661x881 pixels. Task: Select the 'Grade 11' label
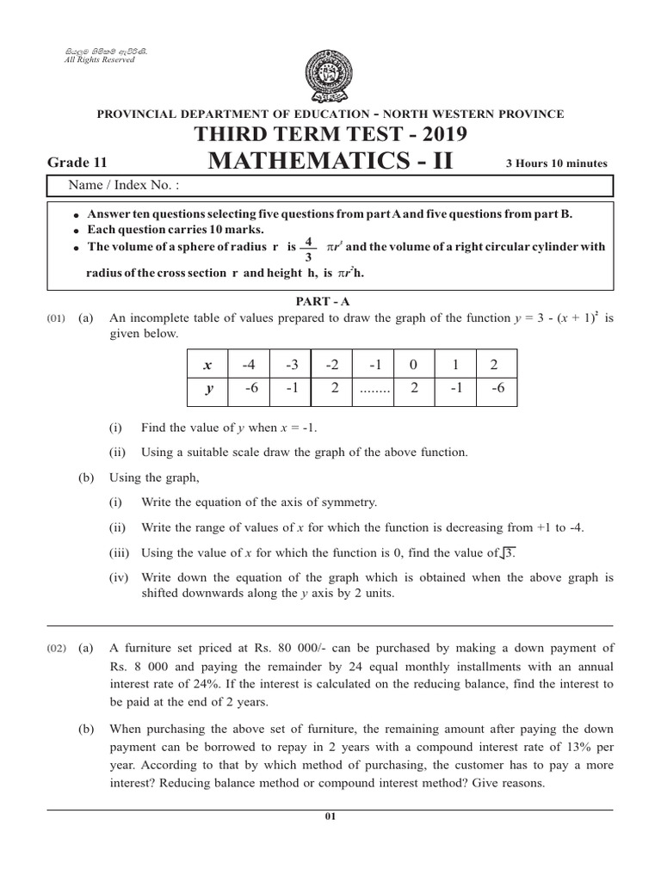tap(77, 162)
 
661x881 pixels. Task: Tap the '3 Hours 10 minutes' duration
tap(560, 163)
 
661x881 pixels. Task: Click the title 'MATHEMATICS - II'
tap(330, 161)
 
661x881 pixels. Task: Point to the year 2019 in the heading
tap(443, 134)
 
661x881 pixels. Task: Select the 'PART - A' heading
tap(330, 300)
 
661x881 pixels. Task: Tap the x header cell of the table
tap(207, 365)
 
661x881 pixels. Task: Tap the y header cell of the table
tap(207, 388)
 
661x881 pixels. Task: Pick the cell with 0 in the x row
tap(414, 365)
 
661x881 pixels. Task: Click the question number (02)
tap(54, 649)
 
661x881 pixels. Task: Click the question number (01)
tap(54, 318)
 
